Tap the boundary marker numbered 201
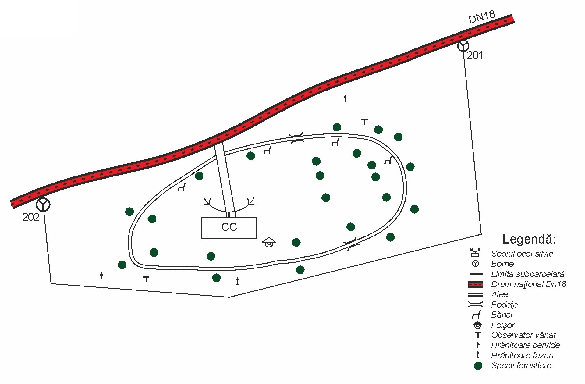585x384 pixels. pyautogui.click(x=463, y=46)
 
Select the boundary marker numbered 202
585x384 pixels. pyautogui.click(x=43, y=204)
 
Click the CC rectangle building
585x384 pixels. pyautogui.click(x=229, y=228)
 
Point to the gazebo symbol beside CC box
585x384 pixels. pyautogui.click(x=269, y=242)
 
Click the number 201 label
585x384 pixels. pyautogui.click(x=475, y=55)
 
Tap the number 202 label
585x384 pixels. pyautogui.click(x=31, y=217)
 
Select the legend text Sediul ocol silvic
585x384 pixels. pyautogui.click(x=522, y=254)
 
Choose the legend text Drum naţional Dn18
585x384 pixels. pyautogui.click(x=529, y=284)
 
